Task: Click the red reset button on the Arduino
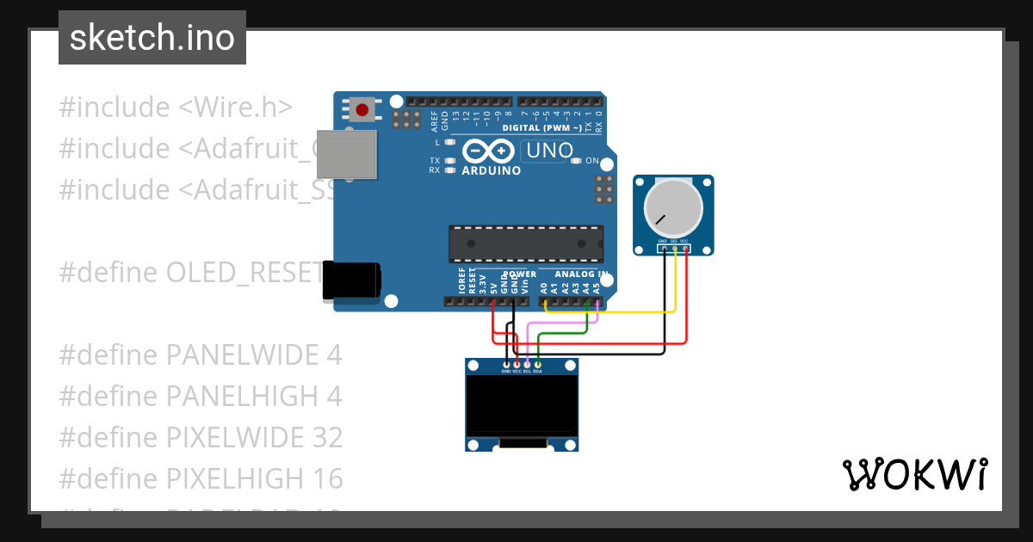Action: (x=362, y=110)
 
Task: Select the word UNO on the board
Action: (x=550, y=151)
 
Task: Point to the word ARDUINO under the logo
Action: (x=492, y=170)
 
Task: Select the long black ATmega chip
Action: (x=525, y=243)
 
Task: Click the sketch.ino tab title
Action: (x=152, y=38)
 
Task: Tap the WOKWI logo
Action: (x=914, y=474)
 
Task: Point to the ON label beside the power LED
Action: (x=592, y=161)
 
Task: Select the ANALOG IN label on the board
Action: (x=581, y=274)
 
